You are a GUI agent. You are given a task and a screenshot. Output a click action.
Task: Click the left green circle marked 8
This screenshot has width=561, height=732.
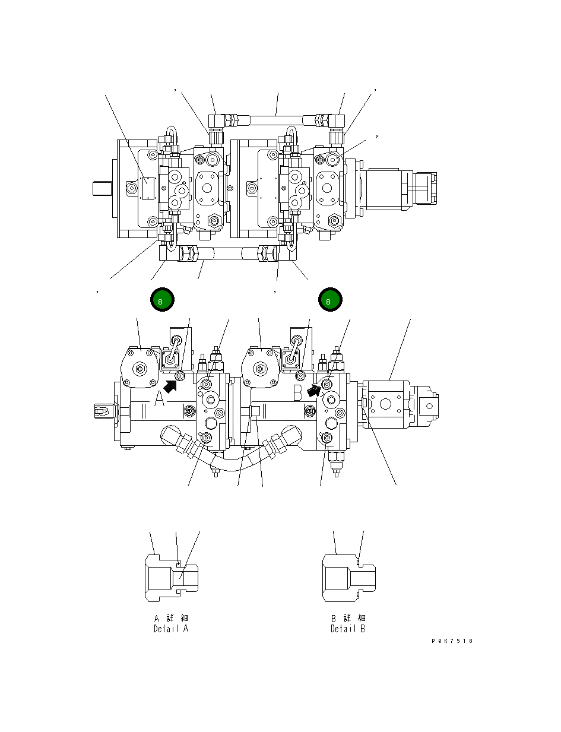tap(162, 300)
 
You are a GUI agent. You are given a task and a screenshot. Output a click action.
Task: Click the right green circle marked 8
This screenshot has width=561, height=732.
tap(329, 300)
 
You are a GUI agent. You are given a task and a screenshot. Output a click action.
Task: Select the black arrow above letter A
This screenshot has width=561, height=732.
tap(170, 386)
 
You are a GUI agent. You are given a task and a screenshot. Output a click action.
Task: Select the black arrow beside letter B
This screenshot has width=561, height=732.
tap(315, 388)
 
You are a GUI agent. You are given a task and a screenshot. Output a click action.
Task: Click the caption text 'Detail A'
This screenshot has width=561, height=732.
tap(171, 629)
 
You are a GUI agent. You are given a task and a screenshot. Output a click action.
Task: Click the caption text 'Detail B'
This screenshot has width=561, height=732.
tap(348, 629)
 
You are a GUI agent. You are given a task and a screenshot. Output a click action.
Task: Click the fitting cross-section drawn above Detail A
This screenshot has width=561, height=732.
tap(171, 576)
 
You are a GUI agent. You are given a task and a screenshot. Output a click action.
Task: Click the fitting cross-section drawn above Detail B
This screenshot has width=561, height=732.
tap(348, 576)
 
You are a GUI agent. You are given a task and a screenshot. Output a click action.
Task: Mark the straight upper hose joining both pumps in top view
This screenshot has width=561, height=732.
tap(276, 120)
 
